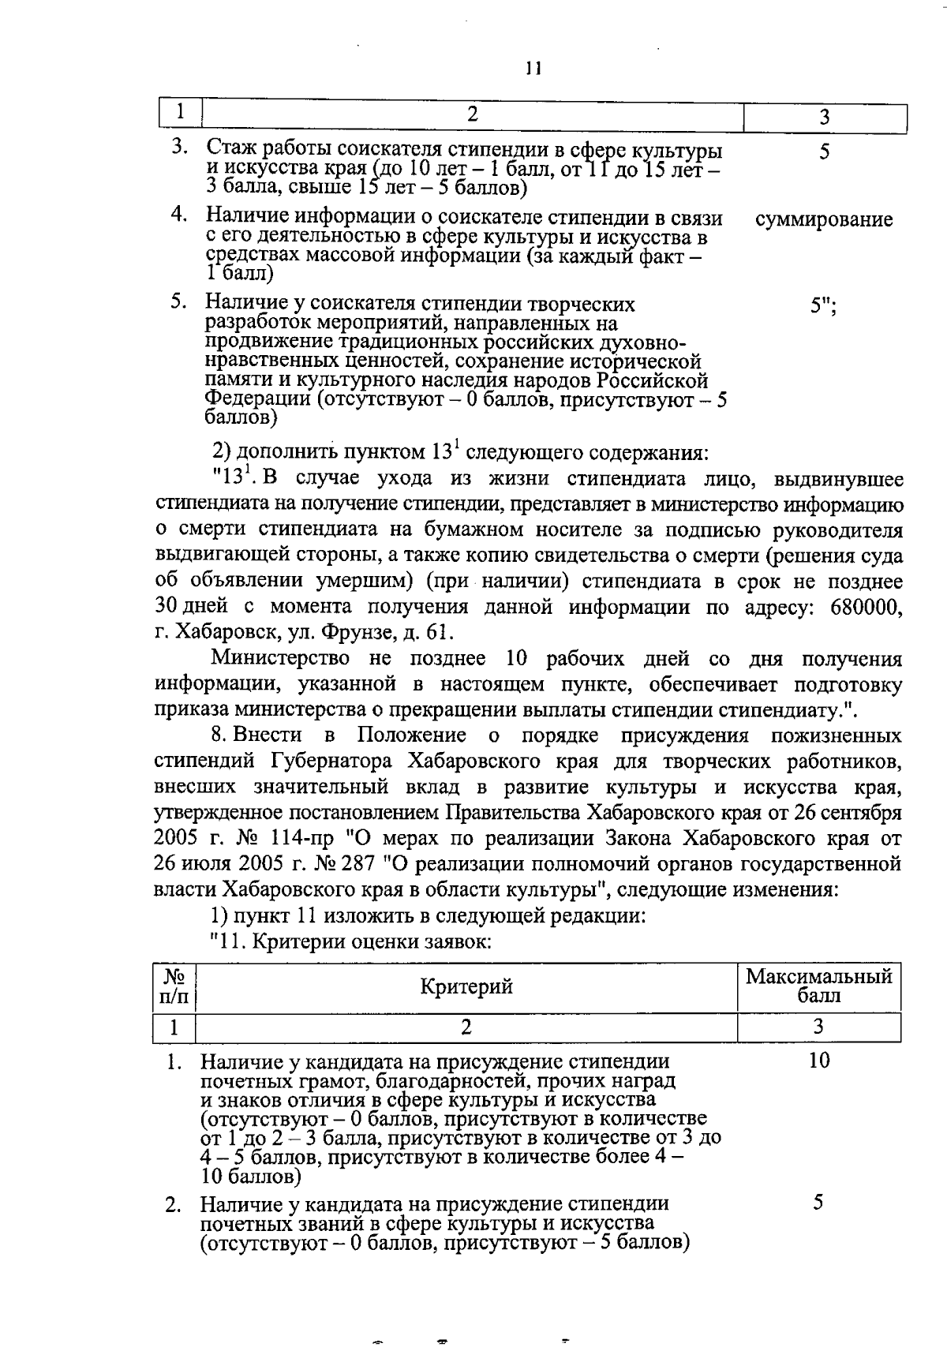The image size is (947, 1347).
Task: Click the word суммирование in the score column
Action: [x=824, y=219]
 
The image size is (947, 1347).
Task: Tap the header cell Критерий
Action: [x=466, y=986]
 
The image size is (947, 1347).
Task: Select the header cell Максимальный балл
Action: [x=819, y=986]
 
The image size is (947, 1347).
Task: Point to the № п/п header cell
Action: [x=174, y=986]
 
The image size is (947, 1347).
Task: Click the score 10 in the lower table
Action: [x=819, y=1061]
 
